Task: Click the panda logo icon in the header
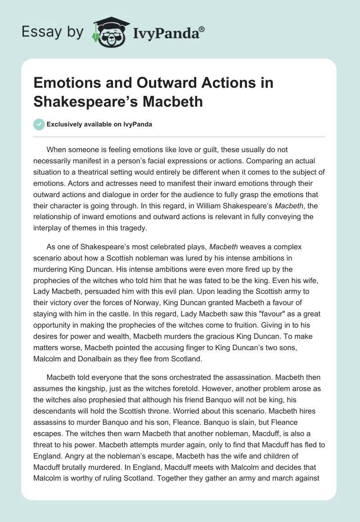pyautogui.click(x=108, y=32)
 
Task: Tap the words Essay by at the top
pyautogui.click(x=52, y=32)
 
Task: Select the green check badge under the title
pyautogui.click(x=39, y=124)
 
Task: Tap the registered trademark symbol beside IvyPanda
pyautogui.click(x=202, y=29)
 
